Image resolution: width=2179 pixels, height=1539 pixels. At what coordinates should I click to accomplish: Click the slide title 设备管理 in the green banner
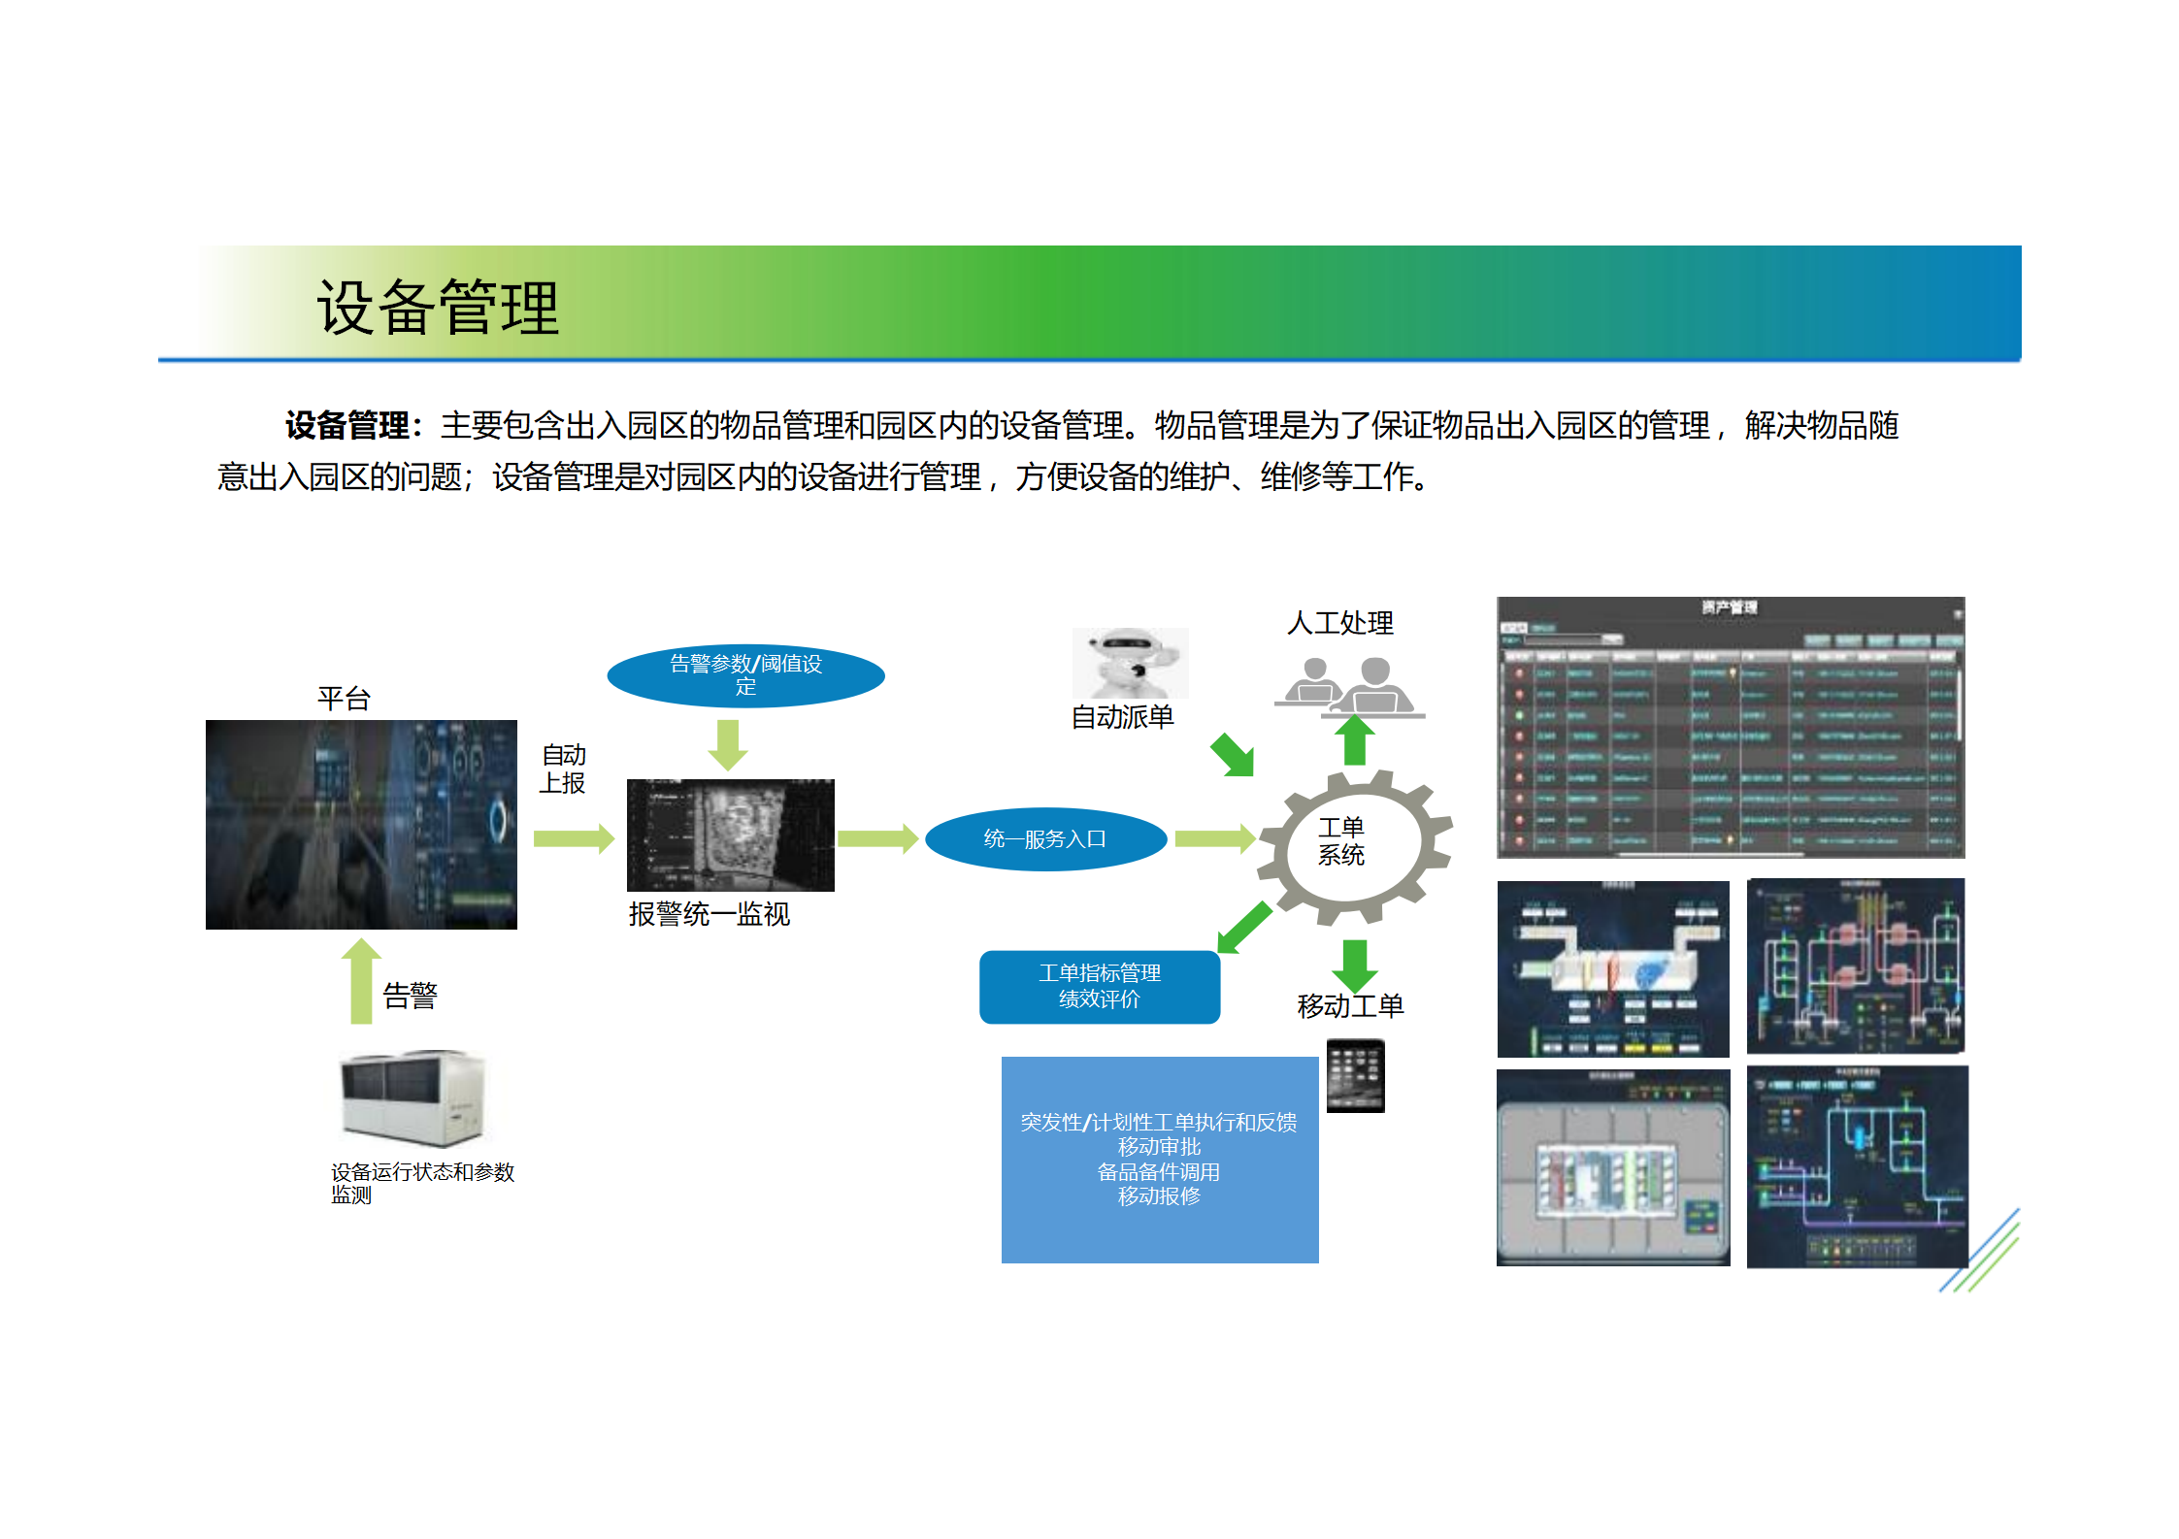tap(438, 308)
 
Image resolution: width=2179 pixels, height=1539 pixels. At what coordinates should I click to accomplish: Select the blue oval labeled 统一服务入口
tap(1045, 839)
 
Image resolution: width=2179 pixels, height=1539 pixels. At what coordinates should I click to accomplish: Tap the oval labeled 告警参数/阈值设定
tap(745, 675)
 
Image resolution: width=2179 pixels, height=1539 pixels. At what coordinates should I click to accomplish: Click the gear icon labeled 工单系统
tap(1353, 844)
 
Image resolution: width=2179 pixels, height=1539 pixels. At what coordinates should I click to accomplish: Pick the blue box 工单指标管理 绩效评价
tap(1100, 987)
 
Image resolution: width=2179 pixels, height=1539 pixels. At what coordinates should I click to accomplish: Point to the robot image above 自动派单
tap(1130, 663)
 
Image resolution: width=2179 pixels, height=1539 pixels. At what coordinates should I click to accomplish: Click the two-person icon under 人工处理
tap(1349, 687)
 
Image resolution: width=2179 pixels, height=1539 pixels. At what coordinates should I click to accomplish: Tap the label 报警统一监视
tap(709, 914)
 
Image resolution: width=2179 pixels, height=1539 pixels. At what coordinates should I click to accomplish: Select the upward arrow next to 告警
tap(361, 980)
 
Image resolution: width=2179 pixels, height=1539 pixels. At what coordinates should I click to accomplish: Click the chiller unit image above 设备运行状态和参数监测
tap(412, 1097)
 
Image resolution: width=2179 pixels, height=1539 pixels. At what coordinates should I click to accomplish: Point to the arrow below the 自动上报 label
tap(574, 838)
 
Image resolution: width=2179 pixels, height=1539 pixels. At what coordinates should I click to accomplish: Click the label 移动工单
tap(1350, 1006)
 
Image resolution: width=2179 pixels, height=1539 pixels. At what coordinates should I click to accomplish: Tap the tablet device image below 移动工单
tap(1355, 1075)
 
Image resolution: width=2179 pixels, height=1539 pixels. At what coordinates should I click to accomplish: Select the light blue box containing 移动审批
tap(1159, 1160)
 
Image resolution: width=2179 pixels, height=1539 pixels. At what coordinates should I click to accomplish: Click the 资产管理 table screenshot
tap(1730, 727)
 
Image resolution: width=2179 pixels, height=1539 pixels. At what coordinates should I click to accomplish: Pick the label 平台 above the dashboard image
tap(344, 699)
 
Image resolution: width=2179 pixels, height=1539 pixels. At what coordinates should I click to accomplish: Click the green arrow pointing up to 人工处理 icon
tap(1355, 740)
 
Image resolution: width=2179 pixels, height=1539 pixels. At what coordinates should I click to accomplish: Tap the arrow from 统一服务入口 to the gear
tap(1214, 838)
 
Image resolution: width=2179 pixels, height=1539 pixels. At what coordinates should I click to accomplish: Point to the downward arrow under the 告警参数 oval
tap(728, 744)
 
